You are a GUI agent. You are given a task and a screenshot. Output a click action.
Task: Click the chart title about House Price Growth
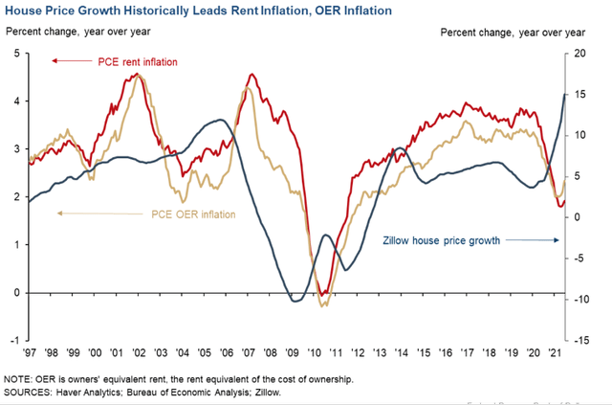pos(201,11)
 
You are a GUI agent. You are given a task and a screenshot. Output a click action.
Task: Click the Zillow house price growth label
pos(442,241)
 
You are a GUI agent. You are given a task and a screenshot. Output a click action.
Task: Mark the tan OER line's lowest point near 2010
pos(323,305)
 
